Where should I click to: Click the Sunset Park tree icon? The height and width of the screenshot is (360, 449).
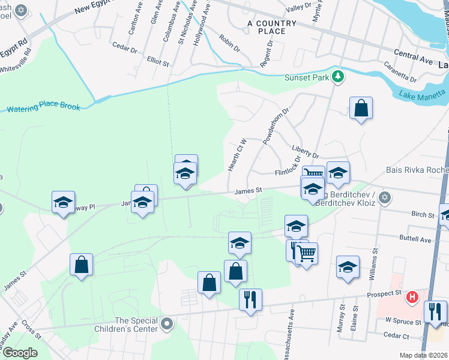click(x=338, y=76)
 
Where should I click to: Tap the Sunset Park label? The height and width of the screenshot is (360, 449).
click(x=307, y=77)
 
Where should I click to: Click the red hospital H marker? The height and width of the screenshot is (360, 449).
click(x=412, y=296)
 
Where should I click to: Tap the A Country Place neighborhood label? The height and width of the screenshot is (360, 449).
click(x=272, y=27)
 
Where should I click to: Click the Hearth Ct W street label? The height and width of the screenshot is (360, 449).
click(x=238, y=155)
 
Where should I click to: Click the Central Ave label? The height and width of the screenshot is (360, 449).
click(x=414, y=58)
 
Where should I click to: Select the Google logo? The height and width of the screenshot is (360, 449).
click(x=20, y=352)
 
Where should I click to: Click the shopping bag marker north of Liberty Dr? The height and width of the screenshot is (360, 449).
click(x=361, y=109)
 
